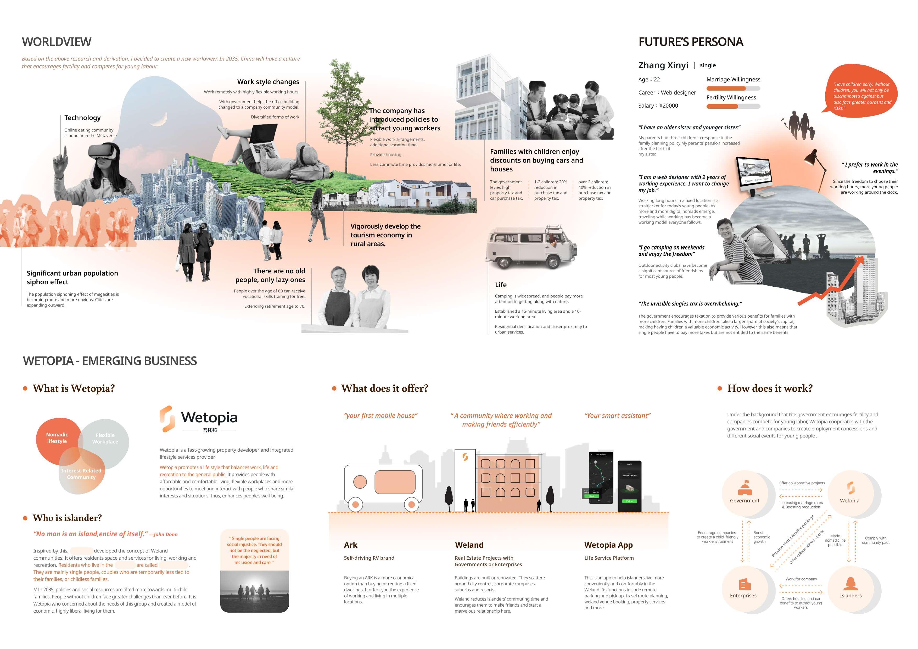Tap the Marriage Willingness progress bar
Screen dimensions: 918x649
(x=733, y=88)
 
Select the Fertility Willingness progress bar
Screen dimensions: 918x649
(x=733, y=106)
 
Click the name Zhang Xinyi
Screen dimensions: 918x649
(x=663, y=65)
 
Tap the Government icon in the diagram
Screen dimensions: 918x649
(x=745, y=488)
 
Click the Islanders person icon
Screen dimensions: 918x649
(x=850, y=584)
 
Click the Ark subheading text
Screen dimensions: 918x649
(x=369, y=558)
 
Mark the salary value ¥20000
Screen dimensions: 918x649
(x=669, y=106)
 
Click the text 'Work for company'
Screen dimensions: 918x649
(x=801, y=579)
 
